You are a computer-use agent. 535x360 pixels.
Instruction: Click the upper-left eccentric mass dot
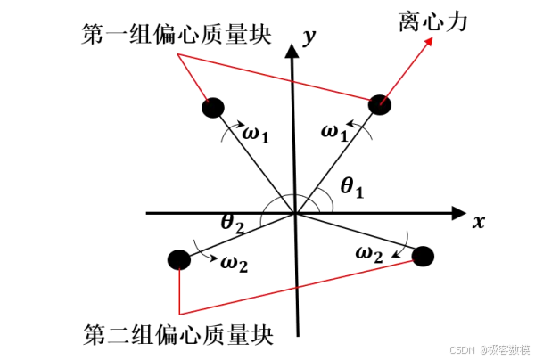[212, 108]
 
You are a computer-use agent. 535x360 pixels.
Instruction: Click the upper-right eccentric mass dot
[381, 103]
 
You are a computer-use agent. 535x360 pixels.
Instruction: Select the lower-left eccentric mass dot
[178, 260]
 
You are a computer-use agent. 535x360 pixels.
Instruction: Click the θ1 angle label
[353, 186]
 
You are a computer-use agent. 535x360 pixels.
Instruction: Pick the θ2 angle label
[234, 224]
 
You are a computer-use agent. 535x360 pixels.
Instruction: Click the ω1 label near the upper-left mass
[256, 135]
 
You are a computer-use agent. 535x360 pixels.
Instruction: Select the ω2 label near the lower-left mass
[235, 263]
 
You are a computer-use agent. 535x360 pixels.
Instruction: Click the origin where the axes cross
[294, 214]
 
